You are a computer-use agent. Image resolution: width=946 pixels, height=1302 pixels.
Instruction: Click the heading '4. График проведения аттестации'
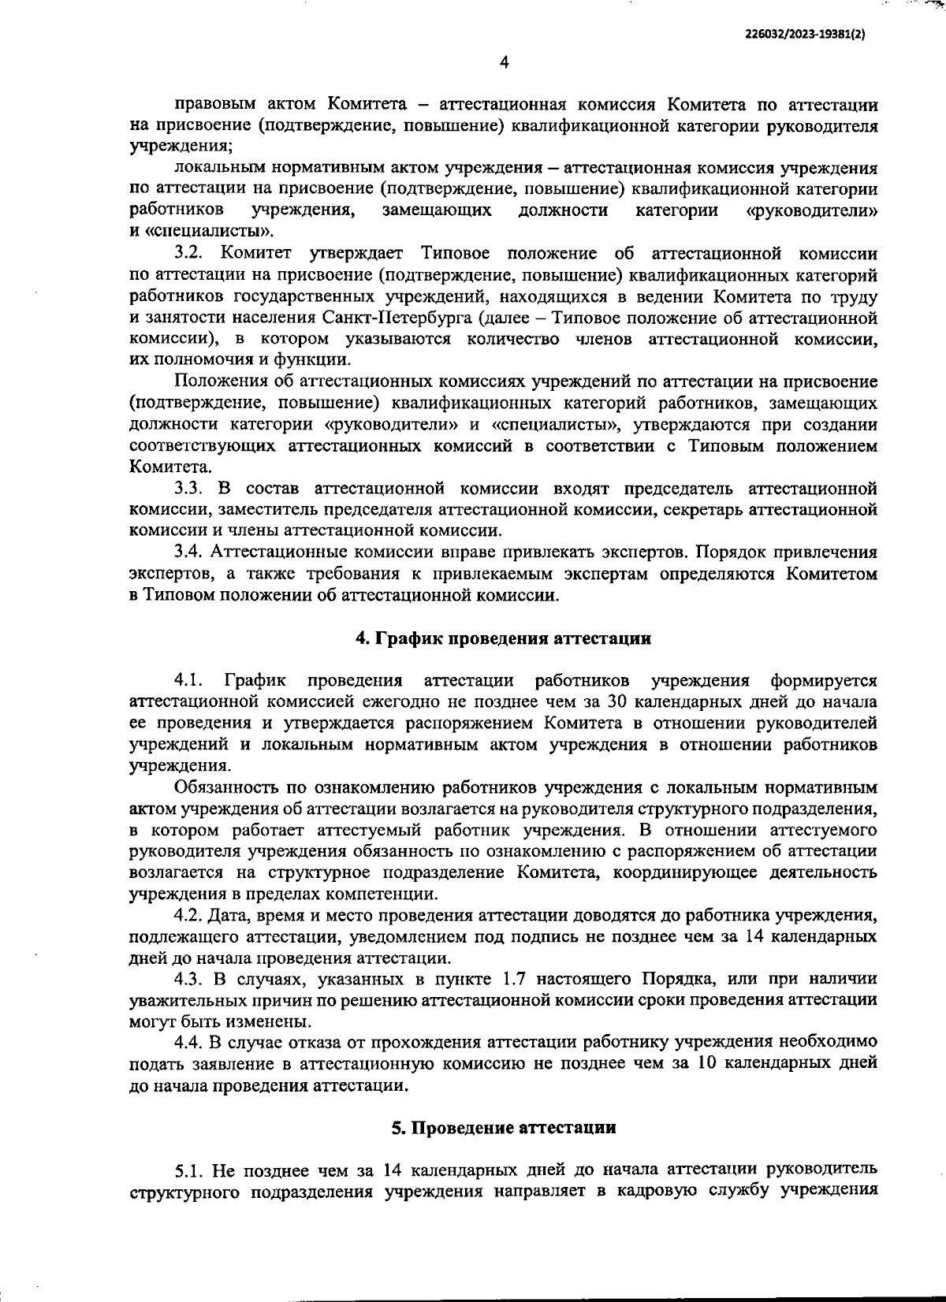[x=504, y=638]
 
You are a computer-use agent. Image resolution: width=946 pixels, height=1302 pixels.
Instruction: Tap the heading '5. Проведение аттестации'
[x=504, y=1127]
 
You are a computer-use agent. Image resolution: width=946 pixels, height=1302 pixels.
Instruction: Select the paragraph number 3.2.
[x=189, y=254]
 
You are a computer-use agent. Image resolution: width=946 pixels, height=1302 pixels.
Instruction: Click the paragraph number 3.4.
[x=189, y=552]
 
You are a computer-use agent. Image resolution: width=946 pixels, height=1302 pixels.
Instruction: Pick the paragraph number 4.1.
[x=190, y=680]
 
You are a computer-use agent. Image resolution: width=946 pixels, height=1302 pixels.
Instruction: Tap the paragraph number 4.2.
[x=189, y=916]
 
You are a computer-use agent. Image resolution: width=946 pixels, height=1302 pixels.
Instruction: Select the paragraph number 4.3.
[x=189, y=980]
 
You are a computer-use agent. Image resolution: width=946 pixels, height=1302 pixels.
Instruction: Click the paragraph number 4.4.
[x=189, y=1043]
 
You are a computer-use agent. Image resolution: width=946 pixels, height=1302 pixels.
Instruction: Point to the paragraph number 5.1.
[x=189, y=1168]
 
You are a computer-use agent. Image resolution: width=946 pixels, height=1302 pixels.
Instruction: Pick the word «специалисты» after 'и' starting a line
[x=210, y=232]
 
